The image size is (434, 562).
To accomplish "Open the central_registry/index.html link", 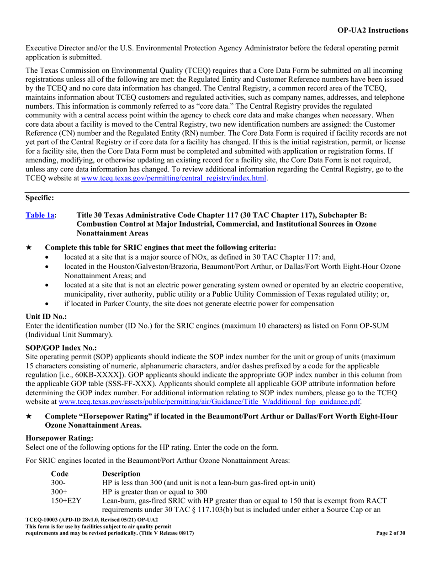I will pyautogui.click(x=174, y=178).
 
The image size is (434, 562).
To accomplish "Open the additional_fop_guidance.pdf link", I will pyautogui.click(x=207, y=403).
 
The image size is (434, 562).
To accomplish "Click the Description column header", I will pyautogui.click(x=122, y=473).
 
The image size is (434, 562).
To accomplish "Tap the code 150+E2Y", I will pyautogui.click(x=65, y=500).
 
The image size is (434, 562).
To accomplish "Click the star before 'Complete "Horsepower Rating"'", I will pyautogui.click(x=29, y=417).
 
